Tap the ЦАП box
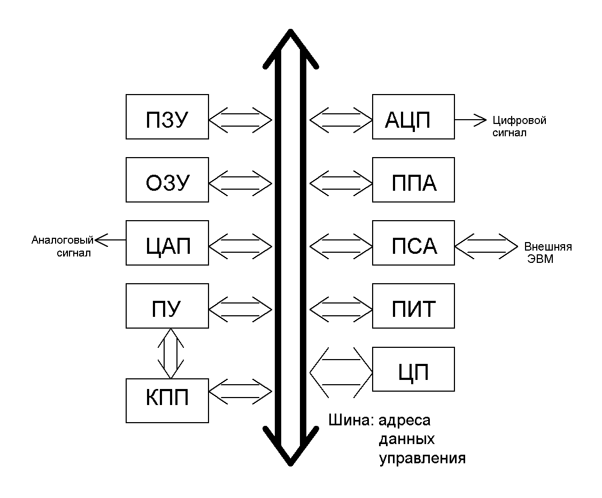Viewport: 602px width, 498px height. point(166,243)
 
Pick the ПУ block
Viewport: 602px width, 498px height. point(166,306)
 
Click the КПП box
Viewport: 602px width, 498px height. point(166,400)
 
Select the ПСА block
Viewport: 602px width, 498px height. point(413,243)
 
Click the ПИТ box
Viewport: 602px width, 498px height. point(413,306)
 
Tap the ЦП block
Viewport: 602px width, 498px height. point(413,369)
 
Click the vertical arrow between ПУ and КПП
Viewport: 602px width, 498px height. point(169,353)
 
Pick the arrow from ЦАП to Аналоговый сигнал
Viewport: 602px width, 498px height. point(111,240)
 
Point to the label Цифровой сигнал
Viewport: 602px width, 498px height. point(519,126)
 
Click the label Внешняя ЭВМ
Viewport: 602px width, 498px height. point(547,252)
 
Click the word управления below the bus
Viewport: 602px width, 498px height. point(422,458)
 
